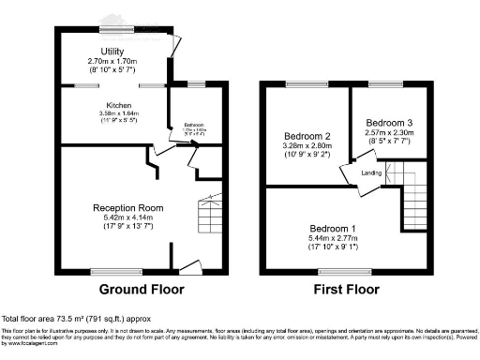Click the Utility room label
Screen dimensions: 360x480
point(113,52)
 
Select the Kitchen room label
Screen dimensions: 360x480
point(118,106)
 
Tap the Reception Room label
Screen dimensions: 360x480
point(128,207)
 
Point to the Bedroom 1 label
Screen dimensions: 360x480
point(334,229)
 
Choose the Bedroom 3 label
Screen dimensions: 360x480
point(388,123)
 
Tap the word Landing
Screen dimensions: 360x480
point(371,173)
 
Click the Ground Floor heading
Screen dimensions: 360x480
point(142,289)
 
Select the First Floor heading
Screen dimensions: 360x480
point(347,289)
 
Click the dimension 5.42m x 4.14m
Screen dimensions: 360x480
point(128,217)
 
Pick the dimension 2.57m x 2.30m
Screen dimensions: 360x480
point(388,133)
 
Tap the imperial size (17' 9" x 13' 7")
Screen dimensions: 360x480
point(128,227)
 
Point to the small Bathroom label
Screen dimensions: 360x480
point(194,127)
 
